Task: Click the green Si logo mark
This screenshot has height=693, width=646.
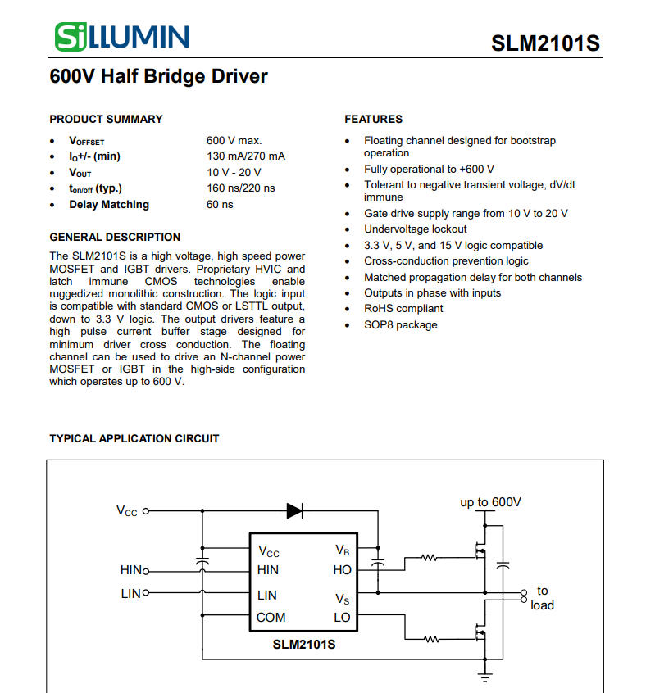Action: (71, 37)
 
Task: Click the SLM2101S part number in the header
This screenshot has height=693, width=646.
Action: (545, 43)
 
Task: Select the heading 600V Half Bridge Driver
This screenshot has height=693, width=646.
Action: (158, 76)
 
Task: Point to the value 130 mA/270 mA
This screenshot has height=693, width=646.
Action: (246, 156)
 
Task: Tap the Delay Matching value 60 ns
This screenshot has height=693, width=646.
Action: (220, 204)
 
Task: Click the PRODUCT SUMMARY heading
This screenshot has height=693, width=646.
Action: (106, 119)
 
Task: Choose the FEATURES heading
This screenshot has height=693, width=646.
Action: (374, 119)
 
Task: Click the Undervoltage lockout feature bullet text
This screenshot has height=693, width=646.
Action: (415, 229)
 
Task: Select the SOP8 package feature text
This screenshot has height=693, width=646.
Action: (401, 325)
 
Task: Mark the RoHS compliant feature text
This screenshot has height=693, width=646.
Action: (403, 309)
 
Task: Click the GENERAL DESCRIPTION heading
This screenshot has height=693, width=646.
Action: (115, 237)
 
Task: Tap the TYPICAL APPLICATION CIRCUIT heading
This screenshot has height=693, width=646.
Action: (134, 438)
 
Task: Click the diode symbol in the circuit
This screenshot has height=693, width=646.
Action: (294, 511)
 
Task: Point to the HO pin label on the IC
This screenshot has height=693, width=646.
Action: (342, 570)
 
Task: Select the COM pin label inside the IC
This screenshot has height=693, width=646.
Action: (271, 618)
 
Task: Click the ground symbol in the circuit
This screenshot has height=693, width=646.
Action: (485, 677)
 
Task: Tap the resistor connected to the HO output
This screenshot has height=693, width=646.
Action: (429, 558)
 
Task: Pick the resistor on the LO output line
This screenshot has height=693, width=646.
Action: (431, 639)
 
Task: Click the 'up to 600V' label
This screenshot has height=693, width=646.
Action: (490, 502)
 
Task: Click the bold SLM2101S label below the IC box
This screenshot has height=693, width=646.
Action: (304, 645)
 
